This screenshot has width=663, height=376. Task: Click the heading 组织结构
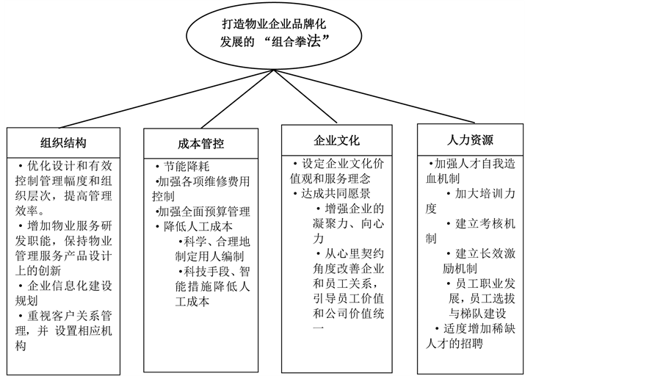pos(63,142)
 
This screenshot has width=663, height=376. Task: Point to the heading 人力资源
pos(470,139)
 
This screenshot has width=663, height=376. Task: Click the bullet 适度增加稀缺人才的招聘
pos(470,336)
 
